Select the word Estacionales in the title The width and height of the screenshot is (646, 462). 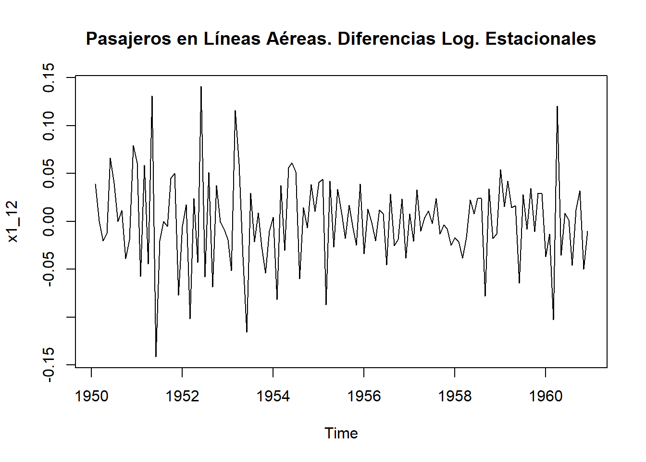pos(540,39)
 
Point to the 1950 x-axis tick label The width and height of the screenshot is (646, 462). pos(91,396)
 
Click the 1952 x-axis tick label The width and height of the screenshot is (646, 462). pos(182,396)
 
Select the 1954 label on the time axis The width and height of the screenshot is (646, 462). pos(273,396)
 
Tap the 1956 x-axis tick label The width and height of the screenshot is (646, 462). pos(364,396)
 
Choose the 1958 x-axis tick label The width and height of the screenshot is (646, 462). pos(455,396)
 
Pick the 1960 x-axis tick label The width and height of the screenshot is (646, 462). pos(546,396)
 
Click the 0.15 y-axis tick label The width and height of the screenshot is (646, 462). pos(49,77)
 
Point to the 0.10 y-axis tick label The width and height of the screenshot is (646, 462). pos(49,126)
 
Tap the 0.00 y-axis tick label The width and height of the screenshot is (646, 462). pos(49,221)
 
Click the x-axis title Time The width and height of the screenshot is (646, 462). pos(341,433)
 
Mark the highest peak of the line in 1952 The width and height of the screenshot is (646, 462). pos(201,87)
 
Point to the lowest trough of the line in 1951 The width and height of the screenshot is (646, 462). pos(156,356)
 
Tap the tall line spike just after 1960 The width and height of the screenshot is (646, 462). pos(557,106)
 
